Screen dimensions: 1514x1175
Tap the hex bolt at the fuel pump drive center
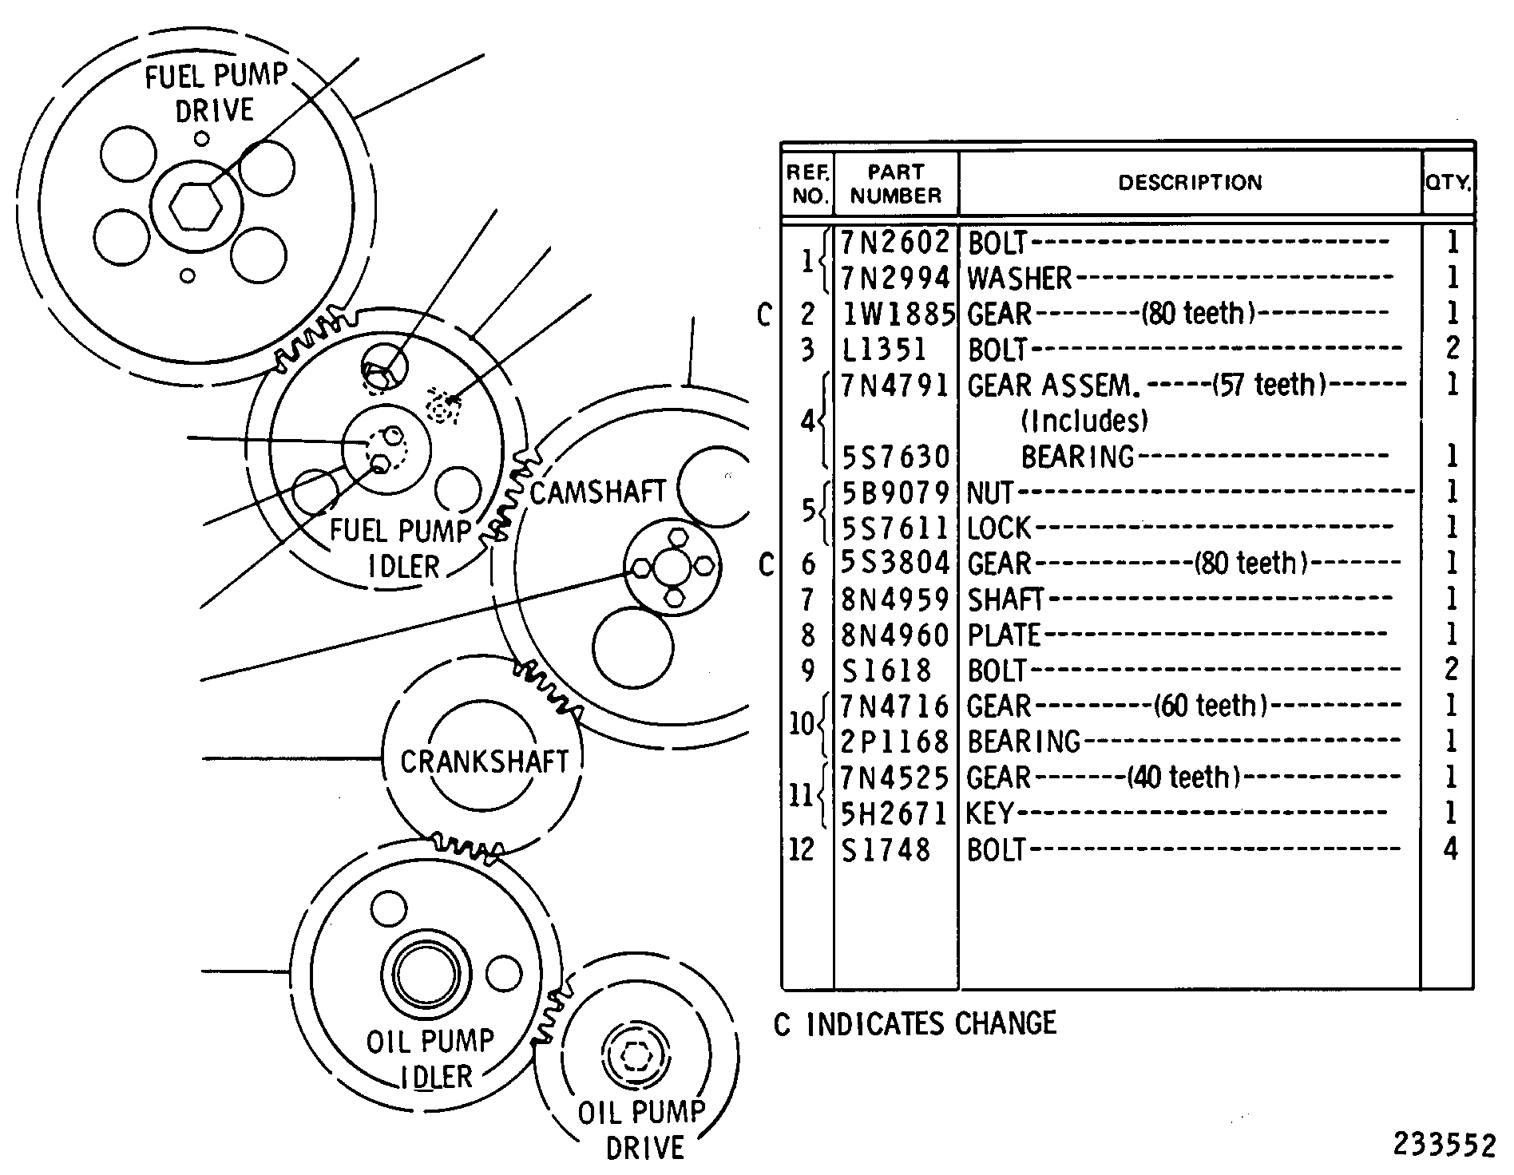click(194, 205)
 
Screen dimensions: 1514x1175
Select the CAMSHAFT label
click(597, 493)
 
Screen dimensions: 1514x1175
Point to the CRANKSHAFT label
click(484, 762)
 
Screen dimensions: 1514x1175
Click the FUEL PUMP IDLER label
click(402, 548)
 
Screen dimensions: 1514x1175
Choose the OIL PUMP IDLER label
click(430, 1059)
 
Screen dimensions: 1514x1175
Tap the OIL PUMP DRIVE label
click(643, 1130)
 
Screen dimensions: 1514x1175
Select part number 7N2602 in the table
click(895, 241)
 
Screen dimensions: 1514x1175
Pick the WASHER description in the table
click(1019, 278)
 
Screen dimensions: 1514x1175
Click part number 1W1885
click(898, 314)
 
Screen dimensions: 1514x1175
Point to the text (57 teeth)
click(1269, 386)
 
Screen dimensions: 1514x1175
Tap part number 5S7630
click(895, 457)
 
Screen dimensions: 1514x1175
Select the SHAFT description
click(1005, 599)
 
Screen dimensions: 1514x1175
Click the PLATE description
click(1005, 635)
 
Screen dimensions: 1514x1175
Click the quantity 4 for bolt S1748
click(1451, 849)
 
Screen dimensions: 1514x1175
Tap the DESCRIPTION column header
click(1190, 183)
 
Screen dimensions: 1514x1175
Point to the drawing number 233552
click(1444, 1145)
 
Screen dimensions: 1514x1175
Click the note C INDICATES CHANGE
click(915, 1023)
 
